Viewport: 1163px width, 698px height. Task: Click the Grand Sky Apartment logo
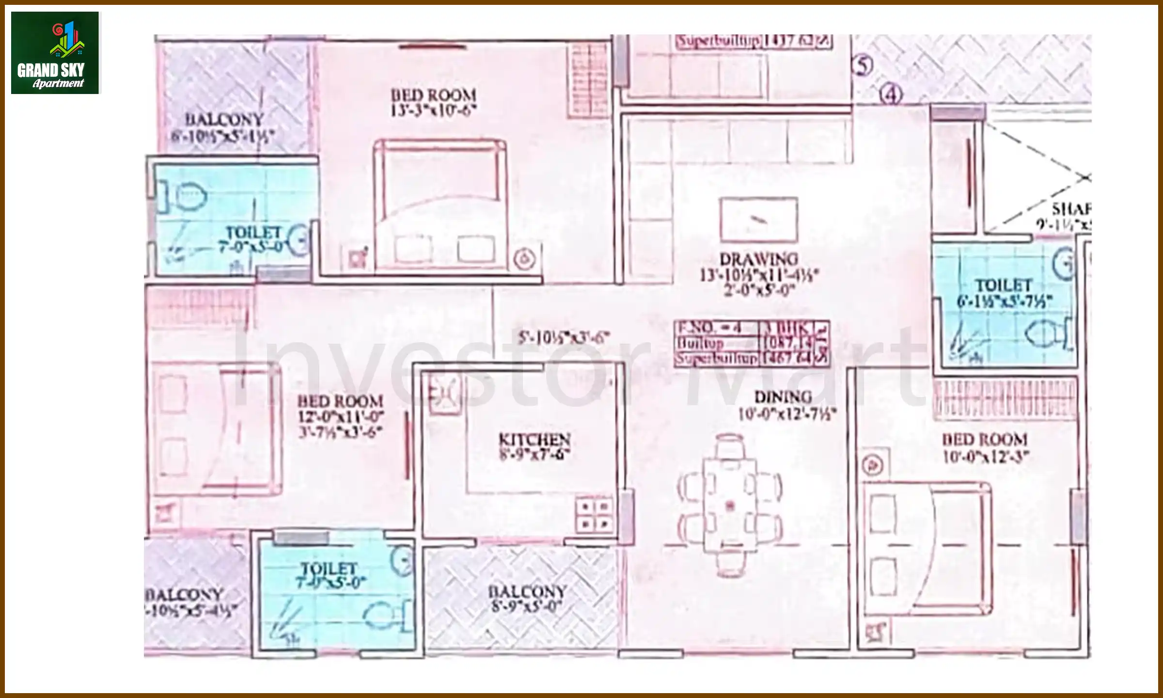(x=55, y=52)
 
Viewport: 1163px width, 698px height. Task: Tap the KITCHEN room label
(x=534, y=439)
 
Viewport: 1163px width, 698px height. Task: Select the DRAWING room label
(x=758, y=259)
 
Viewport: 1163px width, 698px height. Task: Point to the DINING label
(x=783, y=397)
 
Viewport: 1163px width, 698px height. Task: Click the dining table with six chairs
(x=729, y=506)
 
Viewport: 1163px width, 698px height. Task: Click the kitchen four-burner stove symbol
(x=595, y=515)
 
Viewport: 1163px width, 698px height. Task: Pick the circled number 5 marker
(x=863, y=65)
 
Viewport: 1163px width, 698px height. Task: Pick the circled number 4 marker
(x=891, y=95)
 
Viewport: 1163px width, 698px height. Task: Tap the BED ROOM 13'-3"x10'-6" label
(x=434, y=102)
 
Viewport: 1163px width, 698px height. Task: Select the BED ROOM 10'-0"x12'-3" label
(x=985, y=448)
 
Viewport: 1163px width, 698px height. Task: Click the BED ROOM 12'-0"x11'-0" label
(x=341, y=409)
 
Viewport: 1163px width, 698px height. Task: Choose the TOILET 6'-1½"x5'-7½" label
(x=1004, y=293)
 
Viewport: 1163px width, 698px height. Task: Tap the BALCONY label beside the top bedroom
(x=224, y=119)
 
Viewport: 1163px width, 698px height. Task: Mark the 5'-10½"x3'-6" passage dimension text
(x=564, y=337)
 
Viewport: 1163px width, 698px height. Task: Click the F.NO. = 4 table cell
(x=716, y=328)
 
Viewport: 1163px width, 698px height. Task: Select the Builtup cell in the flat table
(x=716, y=343)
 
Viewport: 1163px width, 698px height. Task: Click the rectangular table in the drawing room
(x=759, y=220)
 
